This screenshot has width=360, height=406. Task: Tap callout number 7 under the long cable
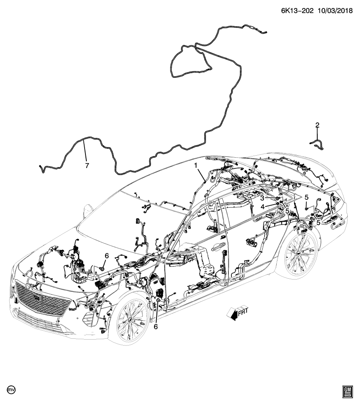tap(87, 166)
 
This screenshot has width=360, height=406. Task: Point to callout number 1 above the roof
tap(196, 165)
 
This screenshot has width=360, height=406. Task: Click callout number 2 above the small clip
tap(317, 125)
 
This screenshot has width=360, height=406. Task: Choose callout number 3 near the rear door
tap(262, 198)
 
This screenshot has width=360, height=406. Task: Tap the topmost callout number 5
tap(306, 197)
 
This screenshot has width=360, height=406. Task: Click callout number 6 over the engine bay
tap(107, 256)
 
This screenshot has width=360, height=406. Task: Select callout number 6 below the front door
tap(156, 326)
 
